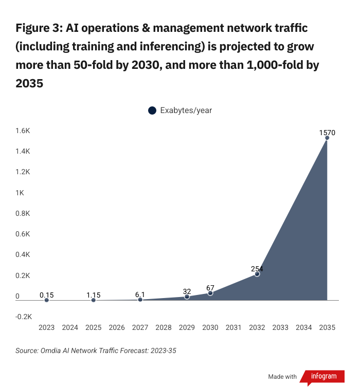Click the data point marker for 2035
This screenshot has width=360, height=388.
[327, 138]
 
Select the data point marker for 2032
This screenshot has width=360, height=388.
[257, 274]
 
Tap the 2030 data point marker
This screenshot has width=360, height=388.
[210, 293]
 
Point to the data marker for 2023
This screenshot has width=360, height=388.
[47, 300]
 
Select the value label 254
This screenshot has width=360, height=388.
[257, 269]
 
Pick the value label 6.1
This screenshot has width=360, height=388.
[140, 294]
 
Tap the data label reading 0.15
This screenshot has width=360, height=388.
[47, 295]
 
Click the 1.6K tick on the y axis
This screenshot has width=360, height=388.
[23, 131]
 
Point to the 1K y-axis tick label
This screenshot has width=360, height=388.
[20, 193]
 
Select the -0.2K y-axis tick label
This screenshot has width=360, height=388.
[24, 317]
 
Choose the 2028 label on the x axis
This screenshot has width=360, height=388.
[164, 327]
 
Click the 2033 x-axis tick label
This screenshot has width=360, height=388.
[280, 327]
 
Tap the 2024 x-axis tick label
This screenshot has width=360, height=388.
[70, 327]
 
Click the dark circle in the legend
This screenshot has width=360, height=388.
[152, 110]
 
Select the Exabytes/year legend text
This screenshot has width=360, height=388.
[186, 110]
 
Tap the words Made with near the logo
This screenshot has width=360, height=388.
[282, 377]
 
